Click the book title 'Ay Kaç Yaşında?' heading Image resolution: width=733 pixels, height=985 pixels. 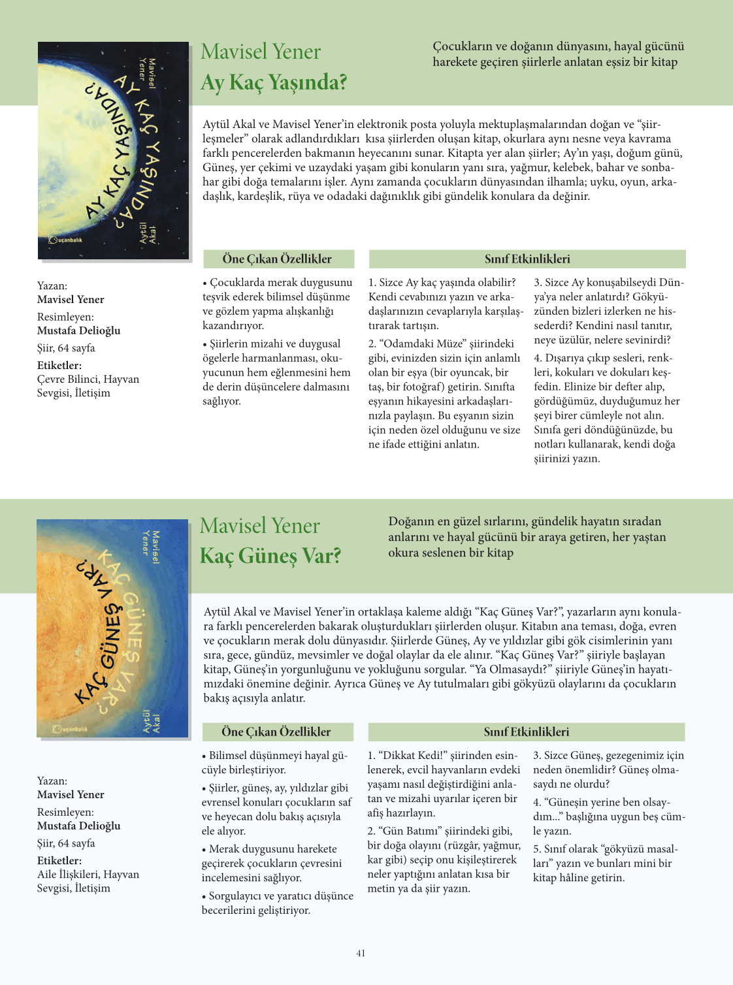tap(274, 83)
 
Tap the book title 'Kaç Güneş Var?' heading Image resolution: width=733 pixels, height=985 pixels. tap(270, 556)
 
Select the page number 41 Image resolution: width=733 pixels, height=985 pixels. tap(361, 953)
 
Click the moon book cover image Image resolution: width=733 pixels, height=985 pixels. tap(113, 150)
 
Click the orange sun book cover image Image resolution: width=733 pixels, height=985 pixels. tap(112, 628)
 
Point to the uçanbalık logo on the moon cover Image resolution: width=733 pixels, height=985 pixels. tap(66, 240)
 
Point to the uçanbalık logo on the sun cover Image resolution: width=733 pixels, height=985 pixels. tap(70, 728)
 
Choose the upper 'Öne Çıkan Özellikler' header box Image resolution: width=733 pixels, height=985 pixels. tap(278, 259)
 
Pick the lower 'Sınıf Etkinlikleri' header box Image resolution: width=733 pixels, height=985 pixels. tap(526, 732)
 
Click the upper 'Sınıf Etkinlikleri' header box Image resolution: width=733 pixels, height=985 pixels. tap(527, 259)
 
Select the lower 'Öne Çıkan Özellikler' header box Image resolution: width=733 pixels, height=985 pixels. tap(277, 732)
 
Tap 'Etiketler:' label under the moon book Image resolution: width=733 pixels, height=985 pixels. tap(59, 365)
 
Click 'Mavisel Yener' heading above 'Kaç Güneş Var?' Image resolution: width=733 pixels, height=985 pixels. tap(260, 526)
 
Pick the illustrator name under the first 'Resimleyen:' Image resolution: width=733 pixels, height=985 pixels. tap(78, 331)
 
